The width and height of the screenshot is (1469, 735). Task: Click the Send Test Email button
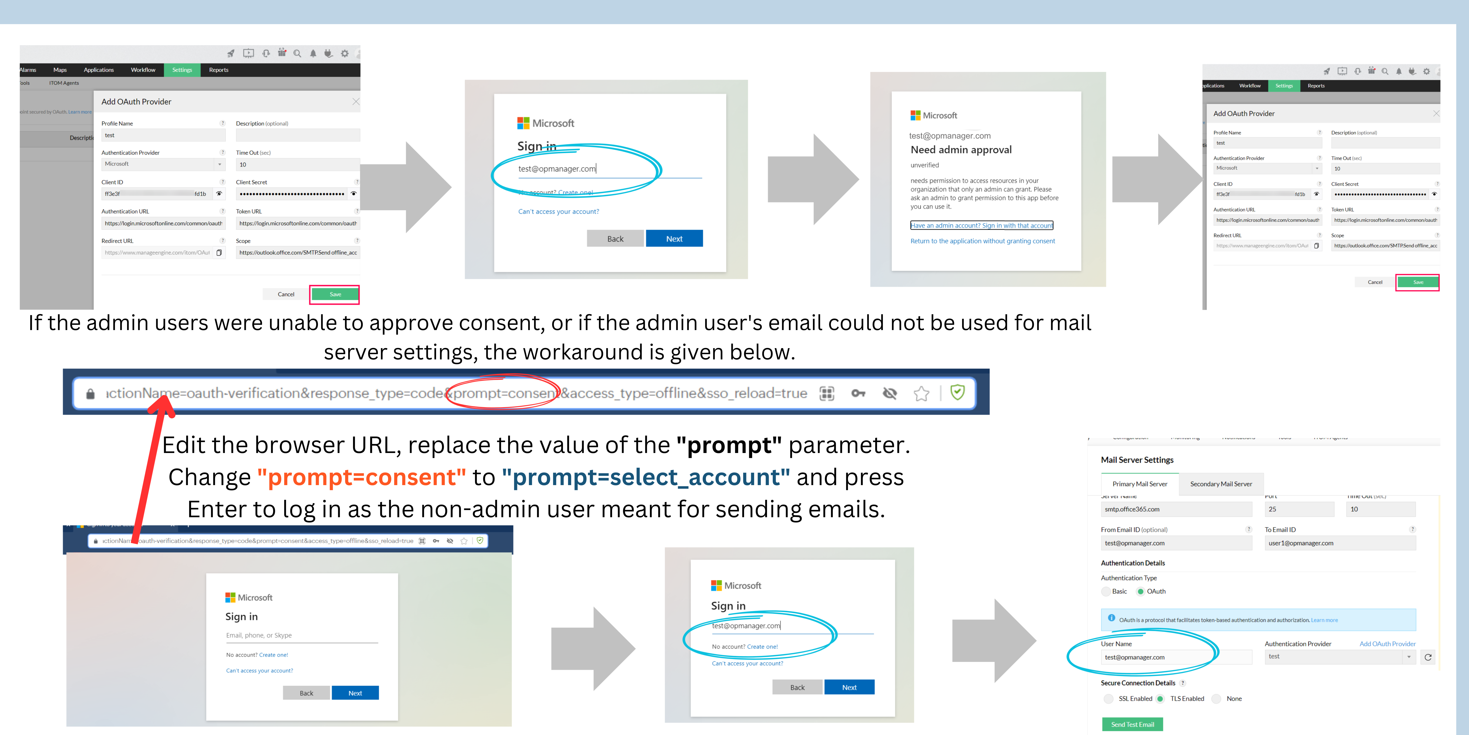tap(1132, 724)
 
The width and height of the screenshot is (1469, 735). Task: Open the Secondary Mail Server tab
tap(1221, 484)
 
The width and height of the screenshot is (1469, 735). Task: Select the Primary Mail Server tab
tap(1139, 484)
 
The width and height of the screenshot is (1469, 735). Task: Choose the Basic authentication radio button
tap(1107, 591)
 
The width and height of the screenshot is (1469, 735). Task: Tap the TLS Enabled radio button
tap(1160, 698)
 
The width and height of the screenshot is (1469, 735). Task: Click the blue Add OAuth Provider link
tap(1387, 644)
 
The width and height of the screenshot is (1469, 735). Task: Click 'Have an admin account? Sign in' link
tap(981, 225)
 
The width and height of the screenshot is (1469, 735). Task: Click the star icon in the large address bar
tap(921, 393)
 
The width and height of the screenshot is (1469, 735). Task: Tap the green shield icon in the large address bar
tap(957, 393)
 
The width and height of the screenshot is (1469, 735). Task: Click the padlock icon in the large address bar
tap(90, 394)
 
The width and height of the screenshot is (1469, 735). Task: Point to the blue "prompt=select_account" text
tap(645, 477)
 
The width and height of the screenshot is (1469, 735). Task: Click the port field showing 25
tap(1299, 509)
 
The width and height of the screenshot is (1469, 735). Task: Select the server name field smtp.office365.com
tap(1176, 509)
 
